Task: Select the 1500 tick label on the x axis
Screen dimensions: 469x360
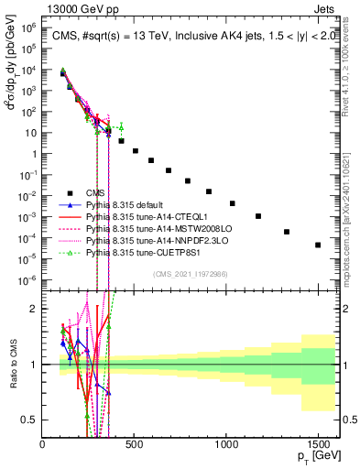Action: pos(318,444)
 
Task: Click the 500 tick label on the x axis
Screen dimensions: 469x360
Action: pos(135,444)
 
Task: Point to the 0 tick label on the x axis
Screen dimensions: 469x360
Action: pos(43,444)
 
